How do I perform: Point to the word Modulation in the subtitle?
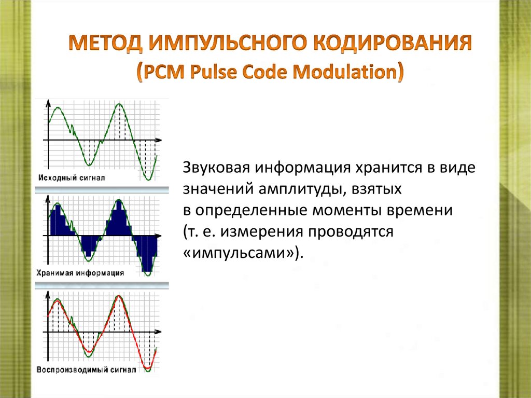[346, 72]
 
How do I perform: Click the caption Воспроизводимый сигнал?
[86, 370]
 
